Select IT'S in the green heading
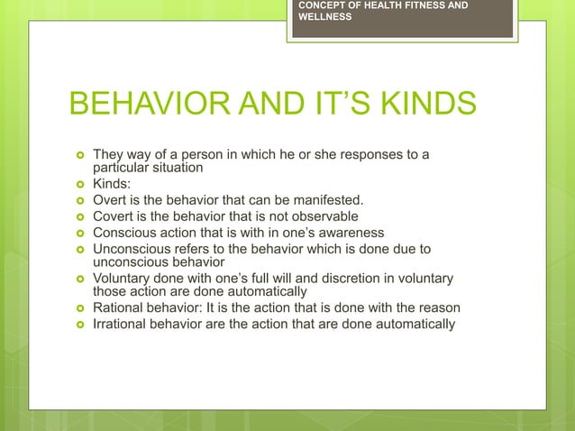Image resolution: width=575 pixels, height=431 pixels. tap(311, 104)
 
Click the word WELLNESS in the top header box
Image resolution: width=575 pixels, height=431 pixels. tap(325, 17)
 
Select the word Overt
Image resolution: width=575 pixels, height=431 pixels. tap(112, 200)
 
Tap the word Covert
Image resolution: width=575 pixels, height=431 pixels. tap(115, 216)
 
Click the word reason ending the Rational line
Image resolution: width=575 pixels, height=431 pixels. tap(439, 308)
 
